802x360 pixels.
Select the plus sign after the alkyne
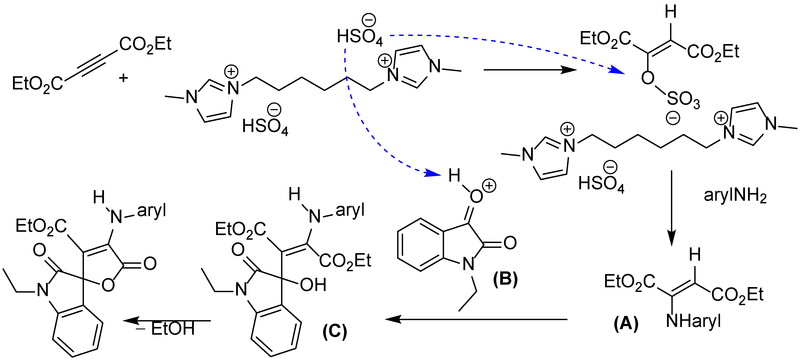pyautogui.click(x=124, y=78)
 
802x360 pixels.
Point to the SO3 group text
pyautogui.click(x=683, y=100)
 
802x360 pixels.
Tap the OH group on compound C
pyautogui.click(x=313, y=285)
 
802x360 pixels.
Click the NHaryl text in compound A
pyautogui.click(x=693, y=321)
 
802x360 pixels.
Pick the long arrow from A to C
pyautogui.click(x=476, y=319)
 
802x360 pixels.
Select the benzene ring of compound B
pyautogui.click(x=420, y=245)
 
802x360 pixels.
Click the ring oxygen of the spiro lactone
pyautogui.click(x=108, y=285)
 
